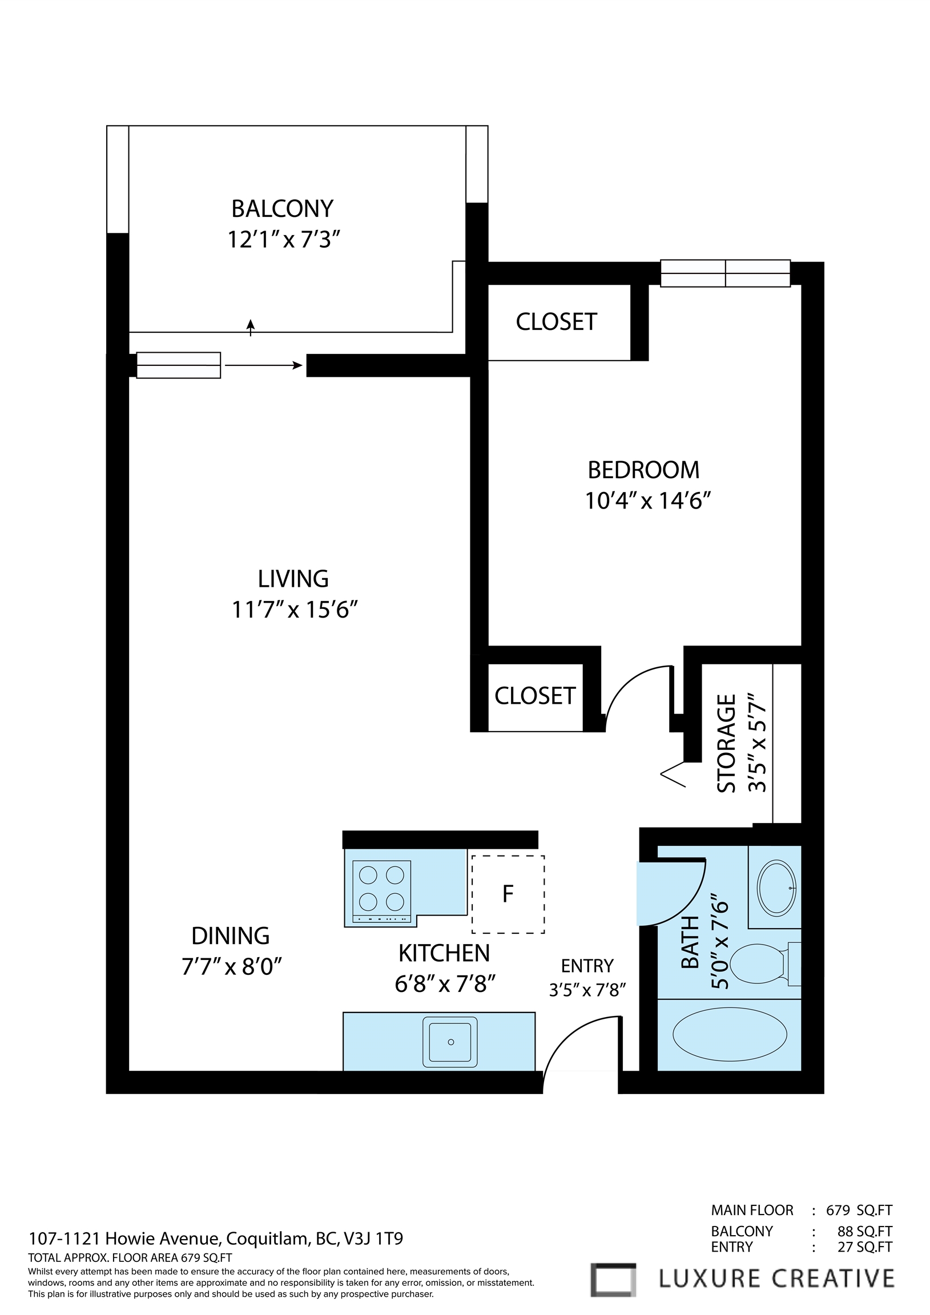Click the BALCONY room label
coord(282,208)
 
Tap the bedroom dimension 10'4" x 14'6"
coord(647,501)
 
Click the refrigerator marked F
coord(508,893)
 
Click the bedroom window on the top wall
coord(725,273)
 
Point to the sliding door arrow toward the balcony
coord(264,365)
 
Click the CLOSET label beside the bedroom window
coord(557,322)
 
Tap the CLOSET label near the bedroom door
coord(534,696)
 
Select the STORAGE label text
coord(727,744)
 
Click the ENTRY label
coord(587,966)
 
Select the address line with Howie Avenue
coord(215,1239)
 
